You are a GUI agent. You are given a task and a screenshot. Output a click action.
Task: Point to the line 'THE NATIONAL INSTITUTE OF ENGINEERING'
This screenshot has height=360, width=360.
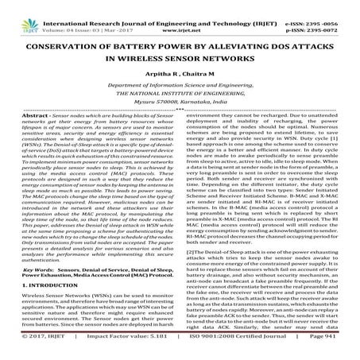click(180, 103)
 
